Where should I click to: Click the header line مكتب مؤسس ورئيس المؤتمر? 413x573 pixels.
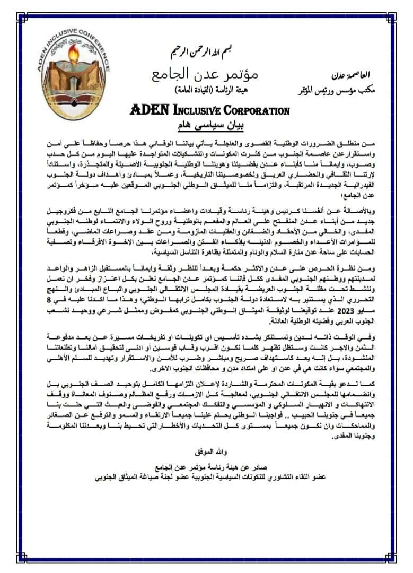tap(338, 90)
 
